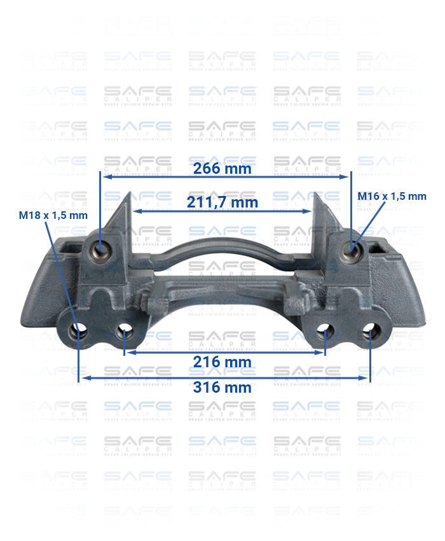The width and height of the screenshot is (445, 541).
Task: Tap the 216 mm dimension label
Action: (222, 362)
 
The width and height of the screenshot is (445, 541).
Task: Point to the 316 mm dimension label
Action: (222, 387)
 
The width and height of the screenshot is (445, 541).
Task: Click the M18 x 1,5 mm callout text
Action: (53, 215)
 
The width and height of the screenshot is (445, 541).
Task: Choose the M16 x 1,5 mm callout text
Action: (392, 196)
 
